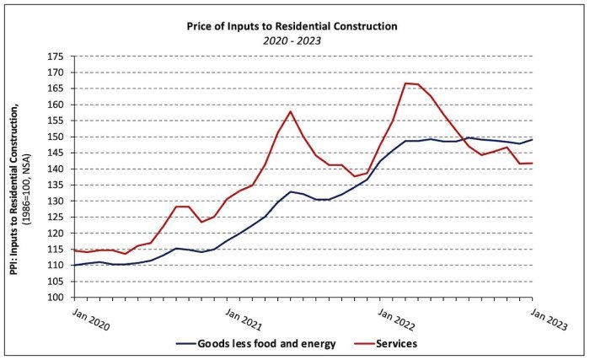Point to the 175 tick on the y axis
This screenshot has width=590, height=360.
[56, 56]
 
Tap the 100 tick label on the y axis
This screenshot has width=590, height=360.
[56, 298]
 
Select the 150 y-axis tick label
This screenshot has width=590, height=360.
[56, 137]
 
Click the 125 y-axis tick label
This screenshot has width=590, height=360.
[56, 218]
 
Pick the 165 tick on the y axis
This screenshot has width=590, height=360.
[56, 89]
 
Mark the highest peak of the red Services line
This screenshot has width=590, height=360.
[406, 83]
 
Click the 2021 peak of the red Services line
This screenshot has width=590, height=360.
[291, 111]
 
